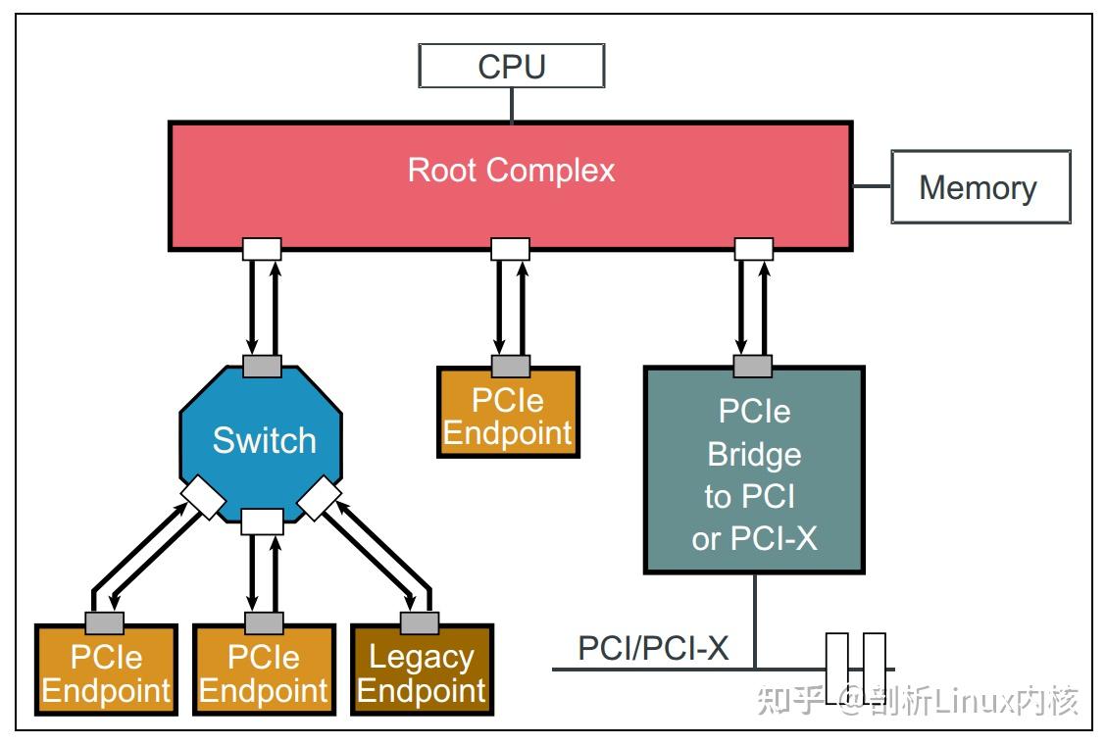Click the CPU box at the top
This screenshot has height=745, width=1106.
[511, 66]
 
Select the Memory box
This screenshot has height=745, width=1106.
[979, 186]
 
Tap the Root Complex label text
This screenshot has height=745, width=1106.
[511, 170]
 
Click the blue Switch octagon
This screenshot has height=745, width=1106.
[263, 441]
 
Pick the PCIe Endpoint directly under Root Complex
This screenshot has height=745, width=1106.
[508, 416]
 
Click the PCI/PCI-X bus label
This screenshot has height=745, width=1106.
[653, 648]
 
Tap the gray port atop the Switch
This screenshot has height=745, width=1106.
[262, 367]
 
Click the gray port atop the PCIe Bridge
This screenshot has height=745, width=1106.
[753, 367]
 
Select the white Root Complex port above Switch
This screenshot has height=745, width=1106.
[262, 249]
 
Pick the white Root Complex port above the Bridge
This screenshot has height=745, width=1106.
[753, 249]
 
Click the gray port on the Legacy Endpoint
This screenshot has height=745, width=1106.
[420, 622]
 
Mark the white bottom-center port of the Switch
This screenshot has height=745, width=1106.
[262, 521]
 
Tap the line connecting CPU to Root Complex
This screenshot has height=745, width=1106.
[511, 105]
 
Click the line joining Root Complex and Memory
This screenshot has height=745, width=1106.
[871, 186]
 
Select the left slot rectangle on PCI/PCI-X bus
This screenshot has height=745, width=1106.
[836, 669]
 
